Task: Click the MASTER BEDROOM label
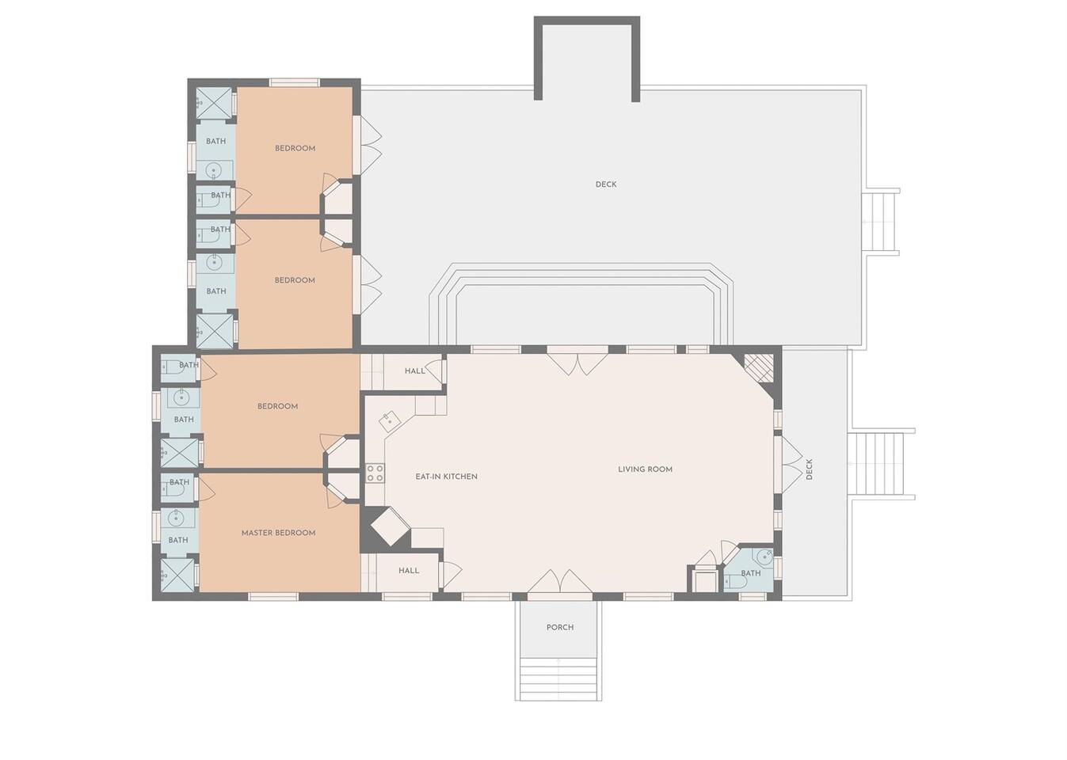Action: [x=278, y=533]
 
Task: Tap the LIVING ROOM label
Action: [x=645, y=469]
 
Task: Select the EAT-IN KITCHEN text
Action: [x=446, y=477]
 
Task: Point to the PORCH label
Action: [x=560, y=627]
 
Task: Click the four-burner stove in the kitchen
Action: [x=375, y=473]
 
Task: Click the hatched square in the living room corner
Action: [x=758, y=368]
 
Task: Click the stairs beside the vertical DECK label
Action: [x=879, y=464]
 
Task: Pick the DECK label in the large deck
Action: [x=606, y=184]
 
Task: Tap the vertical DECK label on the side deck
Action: [x=810, y=469]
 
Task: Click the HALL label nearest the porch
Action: [x=409, y=571]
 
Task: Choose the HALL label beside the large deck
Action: [x=415, y=371]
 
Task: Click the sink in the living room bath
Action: [x=763, y=557]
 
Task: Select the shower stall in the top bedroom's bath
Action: [x=214, y=104]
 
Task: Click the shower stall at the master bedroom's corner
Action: [x=177, y=576]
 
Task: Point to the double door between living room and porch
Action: [x=560, y=583]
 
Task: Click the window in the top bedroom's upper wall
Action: [x=295, y=82]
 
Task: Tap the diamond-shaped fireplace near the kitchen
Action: [x=390, y=526]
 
